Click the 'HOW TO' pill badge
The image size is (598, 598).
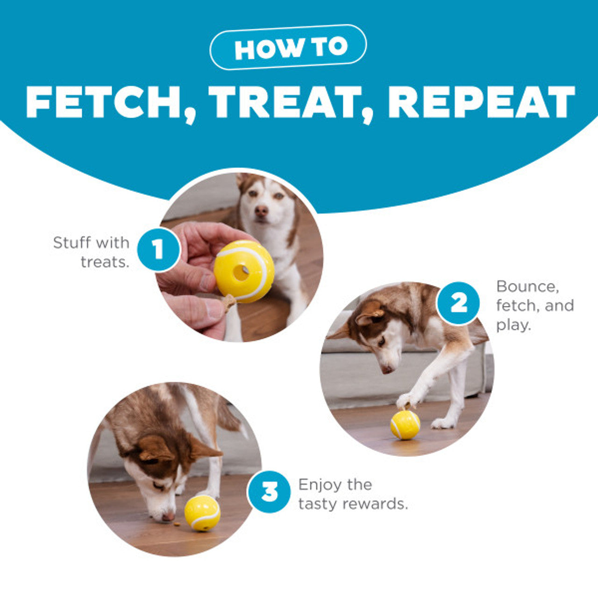[288, 47]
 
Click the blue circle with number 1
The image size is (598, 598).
[158, 249]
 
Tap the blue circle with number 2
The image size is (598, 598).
[458, 304]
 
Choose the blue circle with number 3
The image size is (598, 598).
[269, 491]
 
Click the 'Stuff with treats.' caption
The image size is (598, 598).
[92, 252]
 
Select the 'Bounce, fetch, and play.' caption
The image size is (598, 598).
[534, 306]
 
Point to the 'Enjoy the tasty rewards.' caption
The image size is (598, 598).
[353, 494]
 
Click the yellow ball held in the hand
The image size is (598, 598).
[244, 271]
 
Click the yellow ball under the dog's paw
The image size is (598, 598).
[405, 425]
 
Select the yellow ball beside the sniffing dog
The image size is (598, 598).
[202, 513]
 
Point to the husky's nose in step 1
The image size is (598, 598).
[261, 211]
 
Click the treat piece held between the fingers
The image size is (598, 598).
[228, 303]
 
